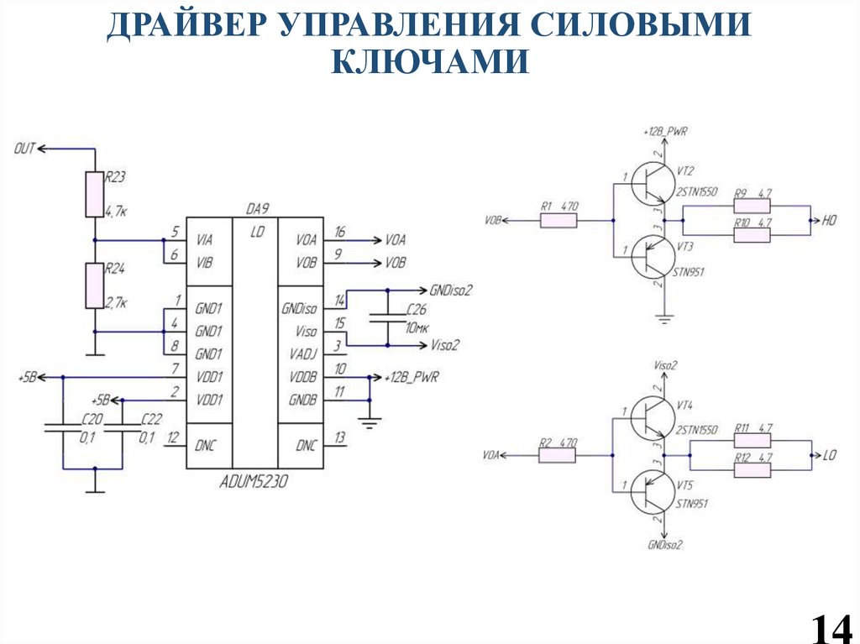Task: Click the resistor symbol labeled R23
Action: coord(93,195)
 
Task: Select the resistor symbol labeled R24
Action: coord(93,285)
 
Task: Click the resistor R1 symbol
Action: coord(558,221)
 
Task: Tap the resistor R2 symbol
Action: coord(557,455)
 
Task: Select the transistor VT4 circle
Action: coord(655,417)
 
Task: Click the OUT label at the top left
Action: coord(24,149)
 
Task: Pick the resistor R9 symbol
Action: coord(752,207)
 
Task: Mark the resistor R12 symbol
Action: coord(752,470)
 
